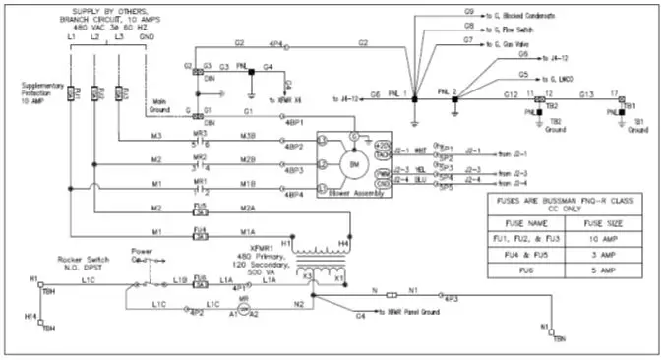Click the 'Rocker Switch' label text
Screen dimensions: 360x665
(82, 259)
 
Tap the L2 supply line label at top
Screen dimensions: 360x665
(94, 35)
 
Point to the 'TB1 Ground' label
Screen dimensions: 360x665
(635, 125)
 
